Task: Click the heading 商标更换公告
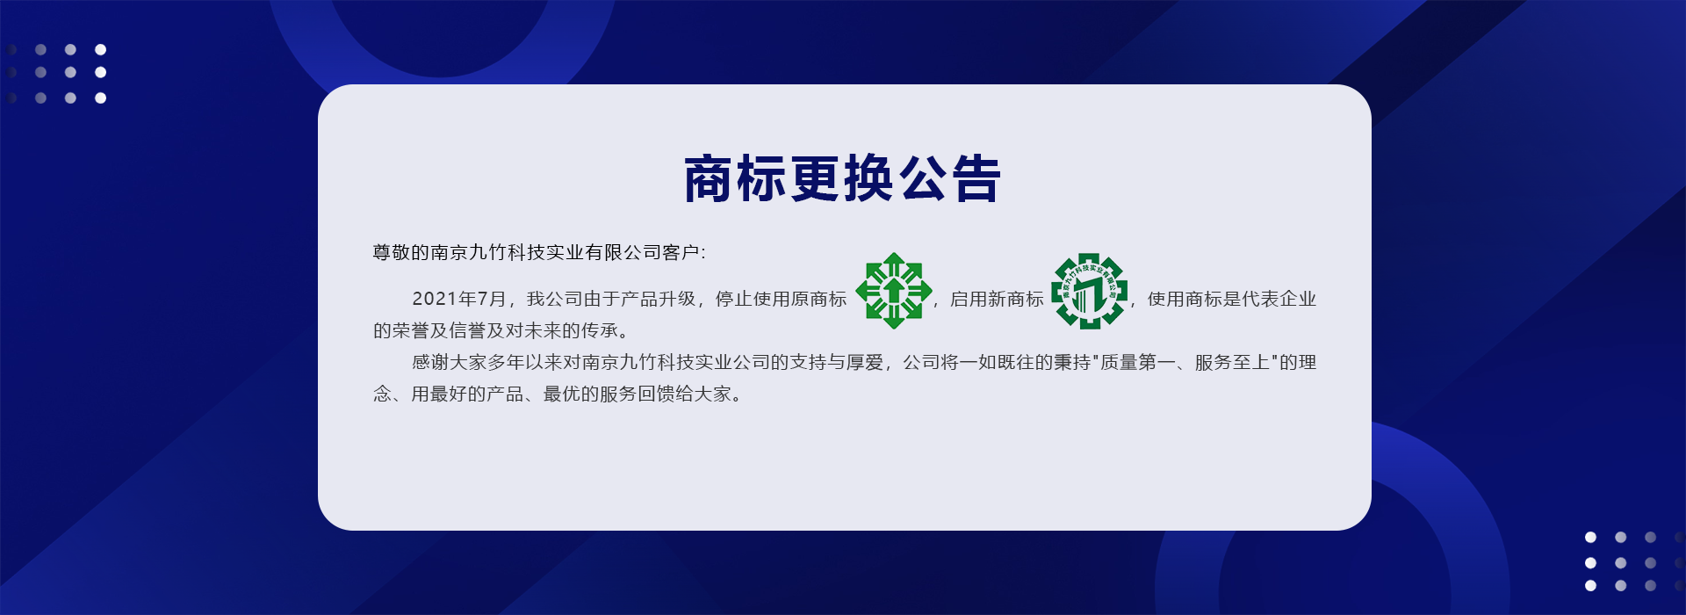[x=842, y=179]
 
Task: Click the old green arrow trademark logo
[x=894, y=291]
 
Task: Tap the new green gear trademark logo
[x=1090, y=292]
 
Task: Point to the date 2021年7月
[x=459, y=300]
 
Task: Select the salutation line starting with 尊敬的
[x=539, y=253]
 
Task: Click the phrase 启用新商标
[x=997, y=300]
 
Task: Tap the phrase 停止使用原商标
[x=782, y=300]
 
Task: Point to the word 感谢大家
[x=450, y=363]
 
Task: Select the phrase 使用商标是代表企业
[x=1232, y=300]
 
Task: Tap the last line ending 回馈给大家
[x=558, y=394]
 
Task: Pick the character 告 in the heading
[x=976, y=179]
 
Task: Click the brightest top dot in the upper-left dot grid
[x=101, y=49]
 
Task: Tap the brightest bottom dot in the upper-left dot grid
[x=101, y=98]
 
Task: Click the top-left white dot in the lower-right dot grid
[x=1590, y=537]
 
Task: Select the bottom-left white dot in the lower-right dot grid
[x=1590, y=586]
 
